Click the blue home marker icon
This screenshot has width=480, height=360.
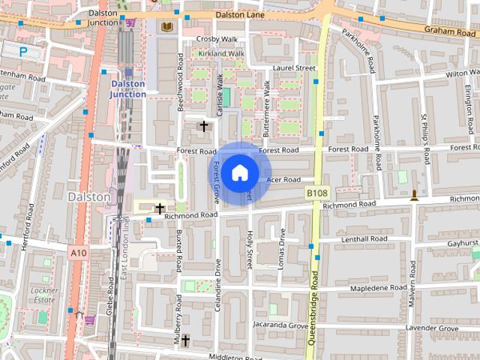coord(238,173)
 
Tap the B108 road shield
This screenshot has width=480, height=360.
coord(317,193)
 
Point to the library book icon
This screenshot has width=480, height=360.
coord(165,27)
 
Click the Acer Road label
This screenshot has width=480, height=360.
coord(283,180)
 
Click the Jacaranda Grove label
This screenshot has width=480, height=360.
coord(280,326)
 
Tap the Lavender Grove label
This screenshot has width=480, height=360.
coord(433,328)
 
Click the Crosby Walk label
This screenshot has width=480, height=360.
coord(217,39)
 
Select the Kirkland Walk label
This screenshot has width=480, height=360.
coord(222,54)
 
